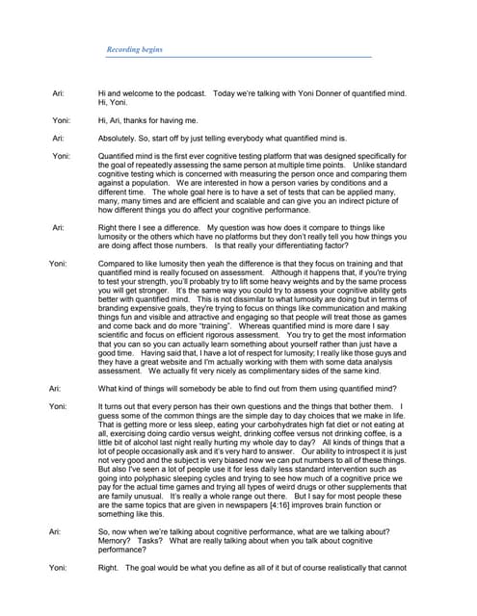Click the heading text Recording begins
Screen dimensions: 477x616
134,49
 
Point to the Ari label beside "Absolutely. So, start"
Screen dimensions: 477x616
58,138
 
